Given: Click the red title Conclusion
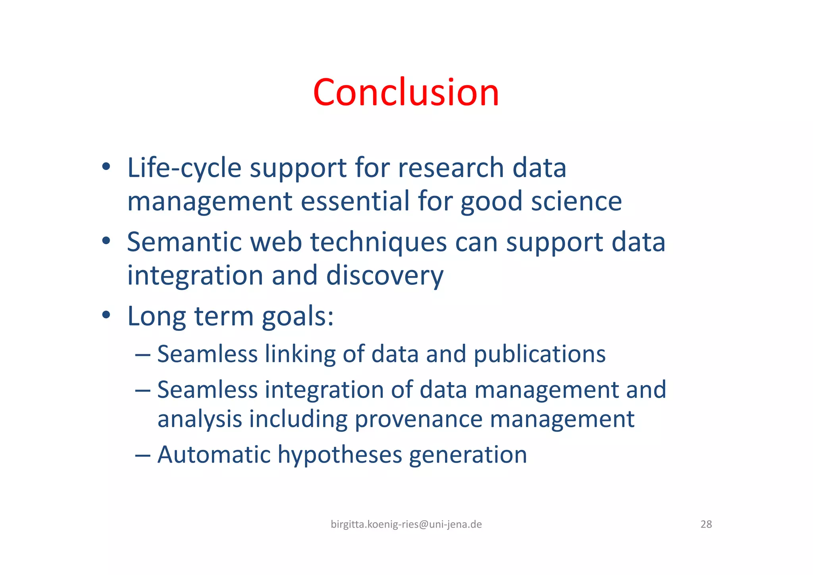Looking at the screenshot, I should coord(406,93).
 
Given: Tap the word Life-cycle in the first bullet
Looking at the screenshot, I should coord(184,168).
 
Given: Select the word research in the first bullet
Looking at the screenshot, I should coord(451,168).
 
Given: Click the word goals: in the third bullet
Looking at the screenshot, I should coord(298,317).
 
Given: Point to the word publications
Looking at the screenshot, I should coord(540,354).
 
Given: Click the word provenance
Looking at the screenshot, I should coord(418,419).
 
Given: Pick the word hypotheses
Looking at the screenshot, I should coord(340,455).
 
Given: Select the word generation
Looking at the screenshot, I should coord(468,455).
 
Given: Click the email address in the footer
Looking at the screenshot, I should coord(406,525).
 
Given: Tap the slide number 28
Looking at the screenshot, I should coord(706,525).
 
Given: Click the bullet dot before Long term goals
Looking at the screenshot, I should coord(106,315).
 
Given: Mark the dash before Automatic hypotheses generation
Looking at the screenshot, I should coord(143,455).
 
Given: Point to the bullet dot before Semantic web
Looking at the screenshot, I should coord(106,241).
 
